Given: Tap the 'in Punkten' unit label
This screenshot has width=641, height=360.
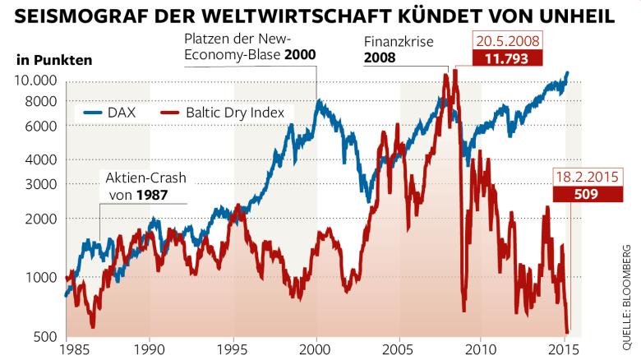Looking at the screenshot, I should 53,60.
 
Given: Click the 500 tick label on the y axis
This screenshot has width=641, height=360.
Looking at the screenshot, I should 44,335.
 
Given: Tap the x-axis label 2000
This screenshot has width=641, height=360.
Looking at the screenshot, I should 316,348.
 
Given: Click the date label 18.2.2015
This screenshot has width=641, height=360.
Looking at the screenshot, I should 586,178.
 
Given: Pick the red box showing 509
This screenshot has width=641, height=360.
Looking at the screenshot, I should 586,196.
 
